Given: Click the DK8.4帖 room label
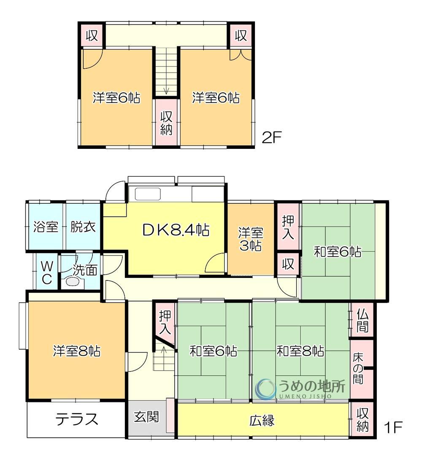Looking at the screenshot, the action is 176,230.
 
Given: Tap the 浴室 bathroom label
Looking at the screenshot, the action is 46,226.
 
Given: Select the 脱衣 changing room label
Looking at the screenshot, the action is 83,226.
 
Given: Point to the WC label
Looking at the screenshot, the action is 47,273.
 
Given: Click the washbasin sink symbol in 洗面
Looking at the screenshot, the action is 72,282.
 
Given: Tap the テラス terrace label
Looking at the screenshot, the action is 76,419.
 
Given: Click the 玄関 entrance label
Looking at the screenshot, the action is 146,417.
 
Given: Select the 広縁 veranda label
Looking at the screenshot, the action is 262,421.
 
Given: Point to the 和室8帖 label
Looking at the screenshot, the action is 300,351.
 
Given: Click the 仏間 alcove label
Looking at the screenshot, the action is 362,321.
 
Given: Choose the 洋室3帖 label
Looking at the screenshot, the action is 251,239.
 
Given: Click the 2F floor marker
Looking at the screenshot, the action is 272,137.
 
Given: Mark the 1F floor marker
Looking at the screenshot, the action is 392,427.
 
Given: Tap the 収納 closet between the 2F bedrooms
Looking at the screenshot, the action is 166,123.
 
